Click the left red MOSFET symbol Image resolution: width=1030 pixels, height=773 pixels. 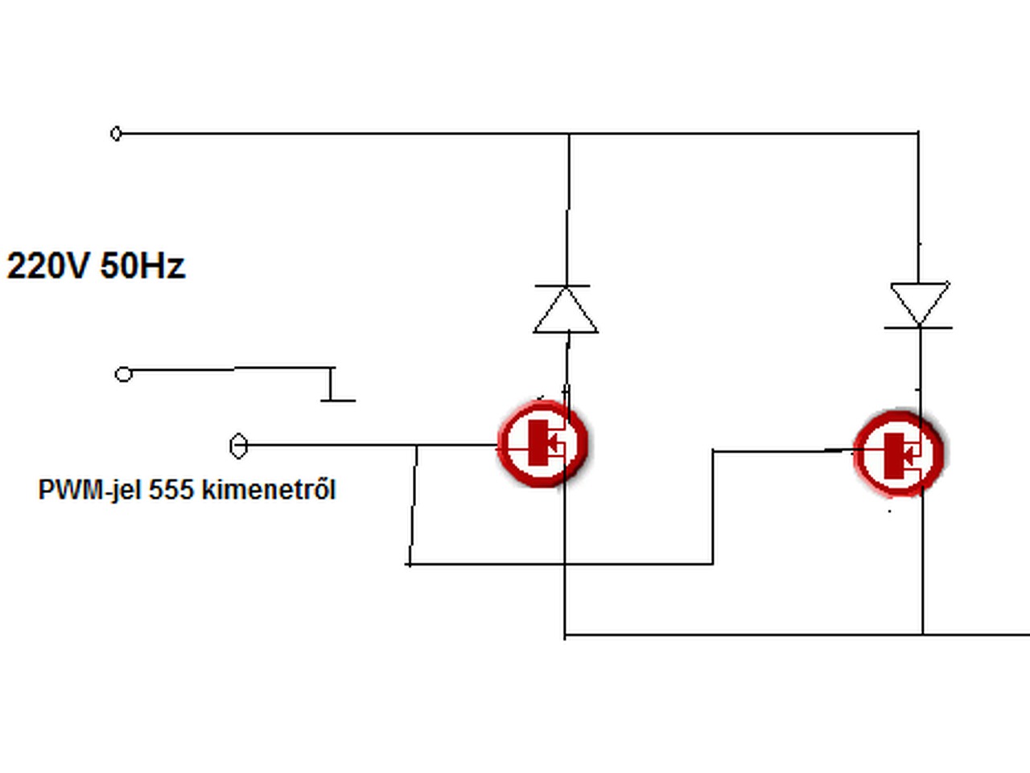point(543,443)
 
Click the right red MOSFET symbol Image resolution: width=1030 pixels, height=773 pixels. point(898,453)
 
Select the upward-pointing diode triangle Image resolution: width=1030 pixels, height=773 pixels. point(566,311)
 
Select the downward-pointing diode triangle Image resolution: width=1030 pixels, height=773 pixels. point(919,302)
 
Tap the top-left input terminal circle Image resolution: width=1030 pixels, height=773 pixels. point(116,134)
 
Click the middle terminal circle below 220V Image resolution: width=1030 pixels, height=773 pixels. point(123,374)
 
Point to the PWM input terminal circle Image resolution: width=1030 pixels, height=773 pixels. point(238,446)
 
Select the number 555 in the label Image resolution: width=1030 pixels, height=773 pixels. point(170,490)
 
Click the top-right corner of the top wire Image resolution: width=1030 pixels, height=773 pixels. point(918,133)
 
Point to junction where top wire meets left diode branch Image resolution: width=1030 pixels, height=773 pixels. point(569,134)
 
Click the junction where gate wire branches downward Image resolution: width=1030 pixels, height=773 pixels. point(416,446)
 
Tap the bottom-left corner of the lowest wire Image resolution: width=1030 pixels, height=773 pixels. point(565,635)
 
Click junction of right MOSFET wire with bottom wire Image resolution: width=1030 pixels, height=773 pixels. point(922,635)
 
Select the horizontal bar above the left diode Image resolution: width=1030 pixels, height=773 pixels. point(562,286)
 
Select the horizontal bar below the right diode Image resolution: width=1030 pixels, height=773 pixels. point(918,328)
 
